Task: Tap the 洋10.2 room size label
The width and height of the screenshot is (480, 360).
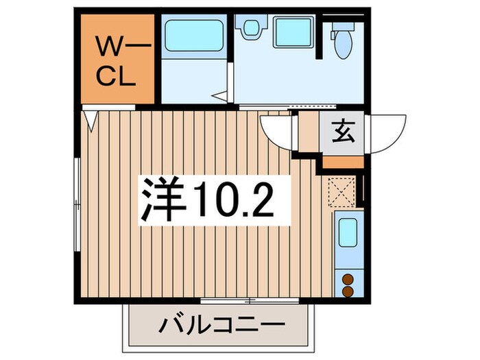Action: pos(209,200)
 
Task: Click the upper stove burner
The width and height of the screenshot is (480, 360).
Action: pos(347,278)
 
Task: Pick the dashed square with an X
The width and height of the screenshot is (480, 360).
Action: pos(339,191)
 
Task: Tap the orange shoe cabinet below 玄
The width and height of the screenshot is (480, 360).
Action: pos(342,162)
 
